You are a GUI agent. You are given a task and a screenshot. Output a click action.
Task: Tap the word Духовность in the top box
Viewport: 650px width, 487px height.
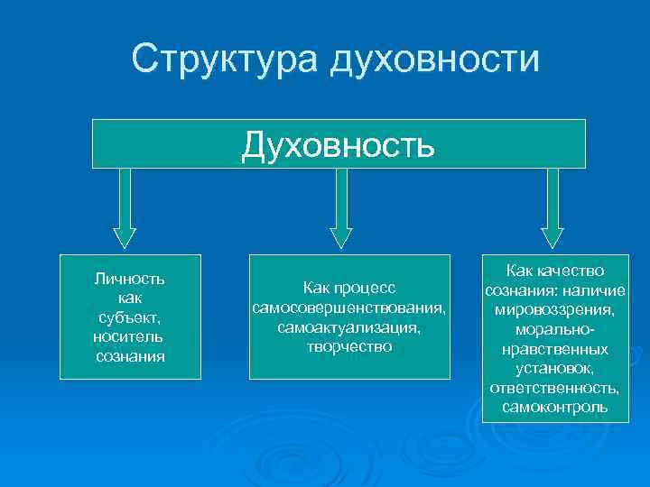pyautogui.click(x=338, y=143)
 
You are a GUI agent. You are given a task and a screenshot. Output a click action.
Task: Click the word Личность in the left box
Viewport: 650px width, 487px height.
pyautogui.click(x=129, y=278)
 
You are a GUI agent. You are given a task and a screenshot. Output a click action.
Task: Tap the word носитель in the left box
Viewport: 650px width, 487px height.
pyautogui.click(x=128, y=336)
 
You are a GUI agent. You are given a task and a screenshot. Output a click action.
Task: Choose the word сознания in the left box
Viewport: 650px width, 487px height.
pyautogui.click(x=129, y=356)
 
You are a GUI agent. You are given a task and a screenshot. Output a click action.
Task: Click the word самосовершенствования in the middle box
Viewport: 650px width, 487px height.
pyautogui.click(x=348, y=308)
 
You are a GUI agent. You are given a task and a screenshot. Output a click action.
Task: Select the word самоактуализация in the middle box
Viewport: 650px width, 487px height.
pyautogui.click(x=348, y=326)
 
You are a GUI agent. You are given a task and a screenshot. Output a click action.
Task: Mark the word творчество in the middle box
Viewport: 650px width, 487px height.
pyautogui.click(x=348, y=346)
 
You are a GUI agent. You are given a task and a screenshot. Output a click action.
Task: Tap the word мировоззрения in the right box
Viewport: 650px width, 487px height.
pyautogui.click(x=554, y=310)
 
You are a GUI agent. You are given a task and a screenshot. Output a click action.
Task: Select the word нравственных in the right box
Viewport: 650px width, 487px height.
pyautogui.click(x=554, y=349)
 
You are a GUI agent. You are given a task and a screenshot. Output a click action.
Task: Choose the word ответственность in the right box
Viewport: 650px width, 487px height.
pyautogui.click(x=554, y=389)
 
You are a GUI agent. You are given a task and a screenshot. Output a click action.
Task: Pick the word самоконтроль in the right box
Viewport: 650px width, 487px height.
pyautogui.click(x=554, y=409)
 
